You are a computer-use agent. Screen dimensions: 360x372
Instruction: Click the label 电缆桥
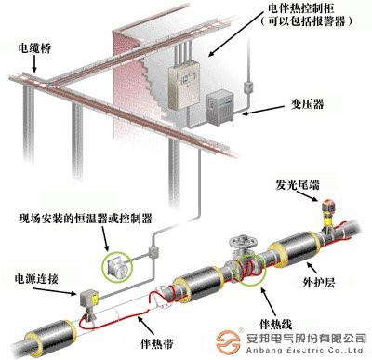pos(29,45)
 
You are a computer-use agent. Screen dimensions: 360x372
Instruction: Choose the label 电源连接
pos(31,276)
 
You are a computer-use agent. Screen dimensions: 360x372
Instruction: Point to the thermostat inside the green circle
pos(118,264)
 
